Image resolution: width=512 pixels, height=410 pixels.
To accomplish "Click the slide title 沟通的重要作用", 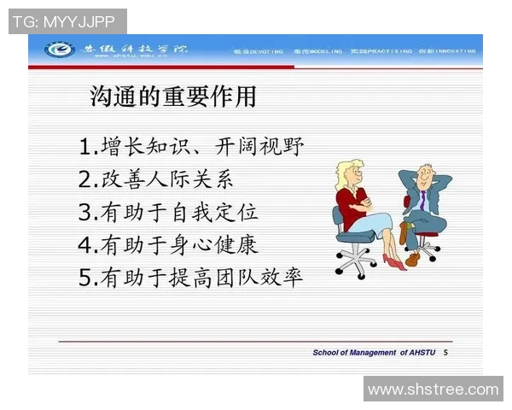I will [173, 97].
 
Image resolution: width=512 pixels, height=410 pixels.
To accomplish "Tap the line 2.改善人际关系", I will [154, 179].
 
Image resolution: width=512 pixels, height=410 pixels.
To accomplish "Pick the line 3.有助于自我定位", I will [167, 212].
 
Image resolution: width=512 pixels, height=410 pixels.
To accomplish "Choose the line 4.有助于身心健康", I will [167, 244].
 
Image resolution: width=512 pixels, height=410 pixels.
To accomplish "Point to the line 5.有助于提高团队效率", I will [190, 277].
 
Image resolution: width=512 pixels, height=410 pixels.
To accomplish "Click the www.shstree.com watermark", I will [433, 389].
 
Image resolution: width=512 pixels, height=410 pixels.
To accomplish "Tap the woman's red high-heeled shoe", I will [393, 261].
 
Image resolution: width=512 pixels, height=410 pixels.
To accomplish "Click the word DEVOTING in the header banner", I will [266, 51].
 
